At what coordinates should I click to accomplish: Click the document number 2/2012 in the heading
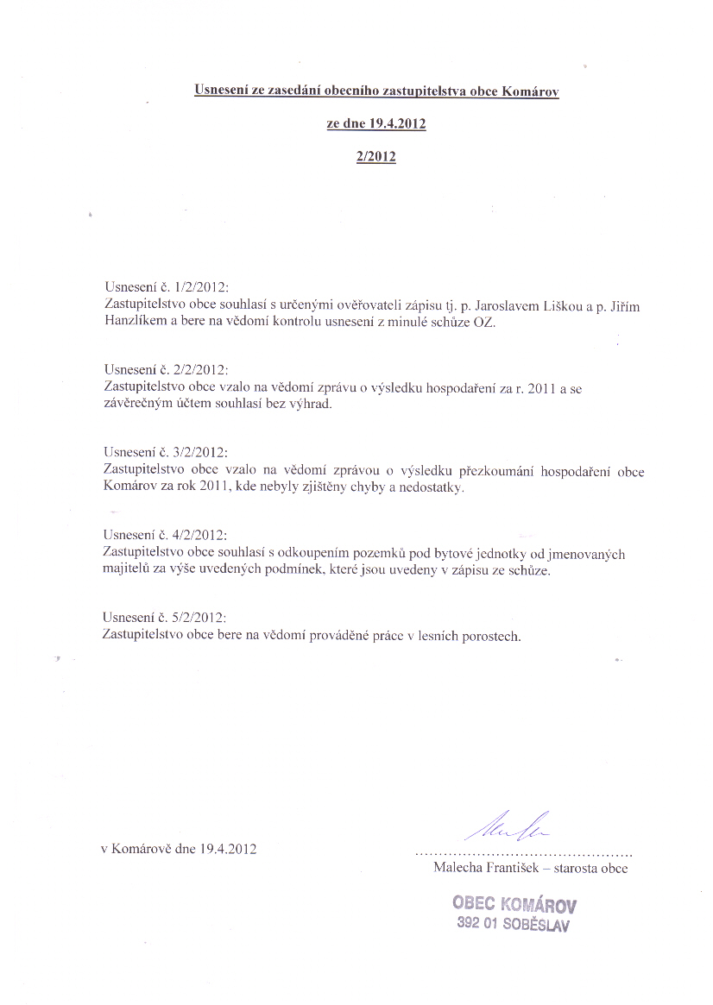375,158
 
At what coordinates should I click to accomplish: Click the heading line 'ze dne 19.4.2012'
375,124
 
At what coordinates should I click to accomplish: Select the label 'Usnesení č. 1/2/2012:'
167,286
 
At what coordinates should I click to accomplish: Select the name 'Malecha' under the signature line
458,869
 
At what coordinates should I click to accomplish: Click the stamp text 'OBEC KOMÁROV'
514,904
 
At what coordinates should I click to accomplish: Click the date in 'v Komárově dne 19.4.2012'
229,849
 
